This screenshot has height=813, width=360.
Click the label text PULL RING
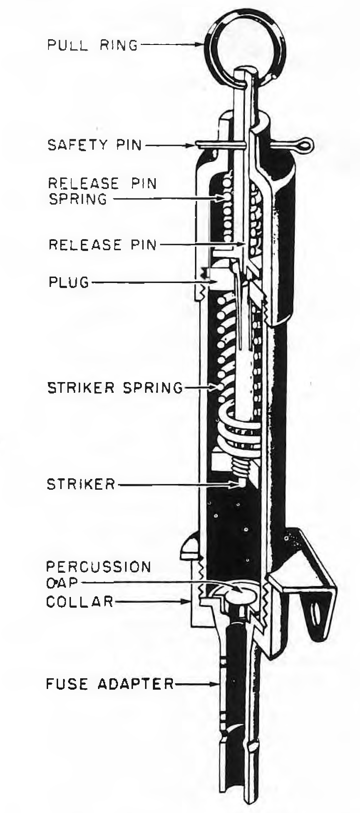pyautogui.click(x=93, y=45)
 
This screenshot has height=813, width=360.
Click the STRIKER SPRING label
pyautogui.click(x=115, y=387)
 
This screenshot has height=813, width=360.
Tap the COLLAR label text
pyautogui.click(x=80, y=602)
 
